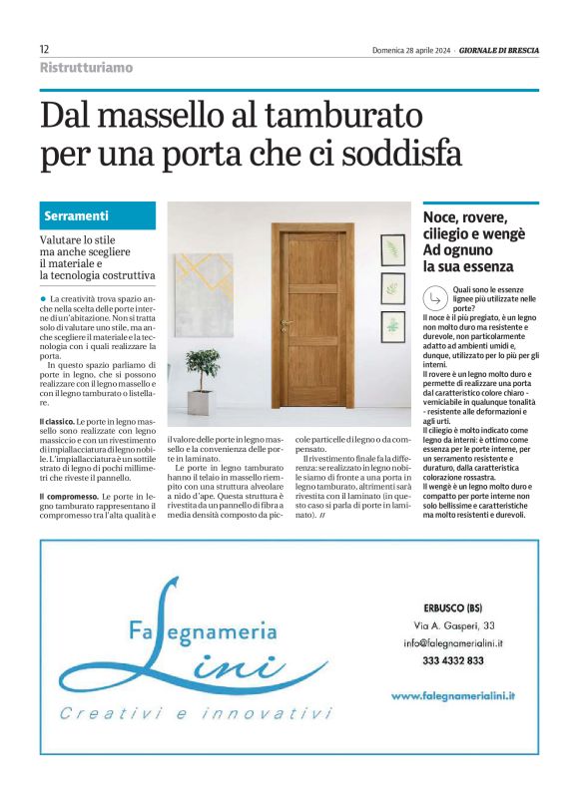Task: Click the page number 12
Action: coord(45,49)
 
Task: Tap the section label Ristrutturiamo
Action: coord(86,68)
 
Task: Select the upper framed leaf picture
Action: coord(392,250)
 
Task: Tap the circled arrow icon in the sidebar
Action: coord(434,297)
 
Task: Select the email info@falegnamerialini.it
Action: coord(453,644)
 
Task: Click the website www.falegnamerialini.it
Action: coord(459,694)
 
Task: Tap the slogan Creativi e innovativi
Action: coord(194,714)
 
